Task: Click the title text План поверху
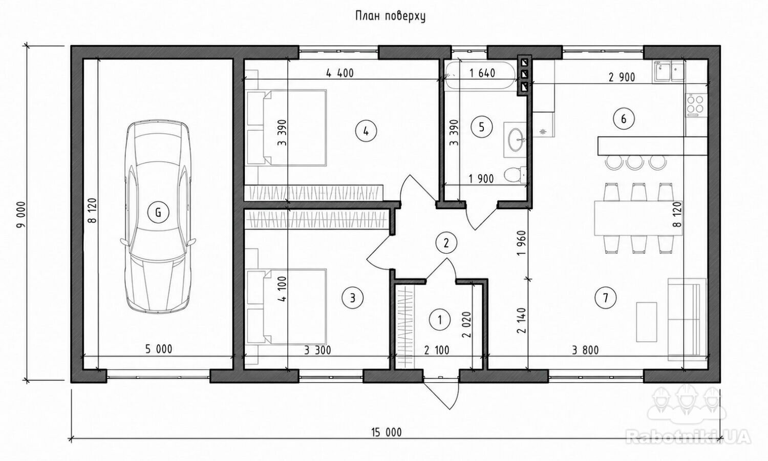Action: coord(390,16)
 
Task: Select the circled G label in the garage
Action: coord(158,213)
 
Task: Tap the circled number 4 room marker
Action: coord(366,131)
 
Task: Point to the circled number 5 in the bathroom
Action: coord(482,127)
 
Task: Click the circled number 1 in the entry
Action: coord(440,320)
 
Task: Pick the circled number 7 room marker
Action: coord(606,298)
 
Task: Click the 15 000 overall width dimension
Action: coord(386,432)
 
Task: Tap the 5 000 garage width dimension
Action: coord(159,349)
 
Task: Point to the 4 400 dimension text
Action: coord(340,73)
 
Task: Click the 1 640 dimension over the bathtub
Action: coord(482,73)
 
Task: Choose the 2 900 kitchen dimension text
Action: coord(622,77)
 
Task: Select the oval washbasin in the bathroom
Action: coord(516,140)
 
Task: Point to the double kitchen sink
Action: coord(669,72)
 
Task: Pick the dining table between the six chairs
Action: coord(638,218)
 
